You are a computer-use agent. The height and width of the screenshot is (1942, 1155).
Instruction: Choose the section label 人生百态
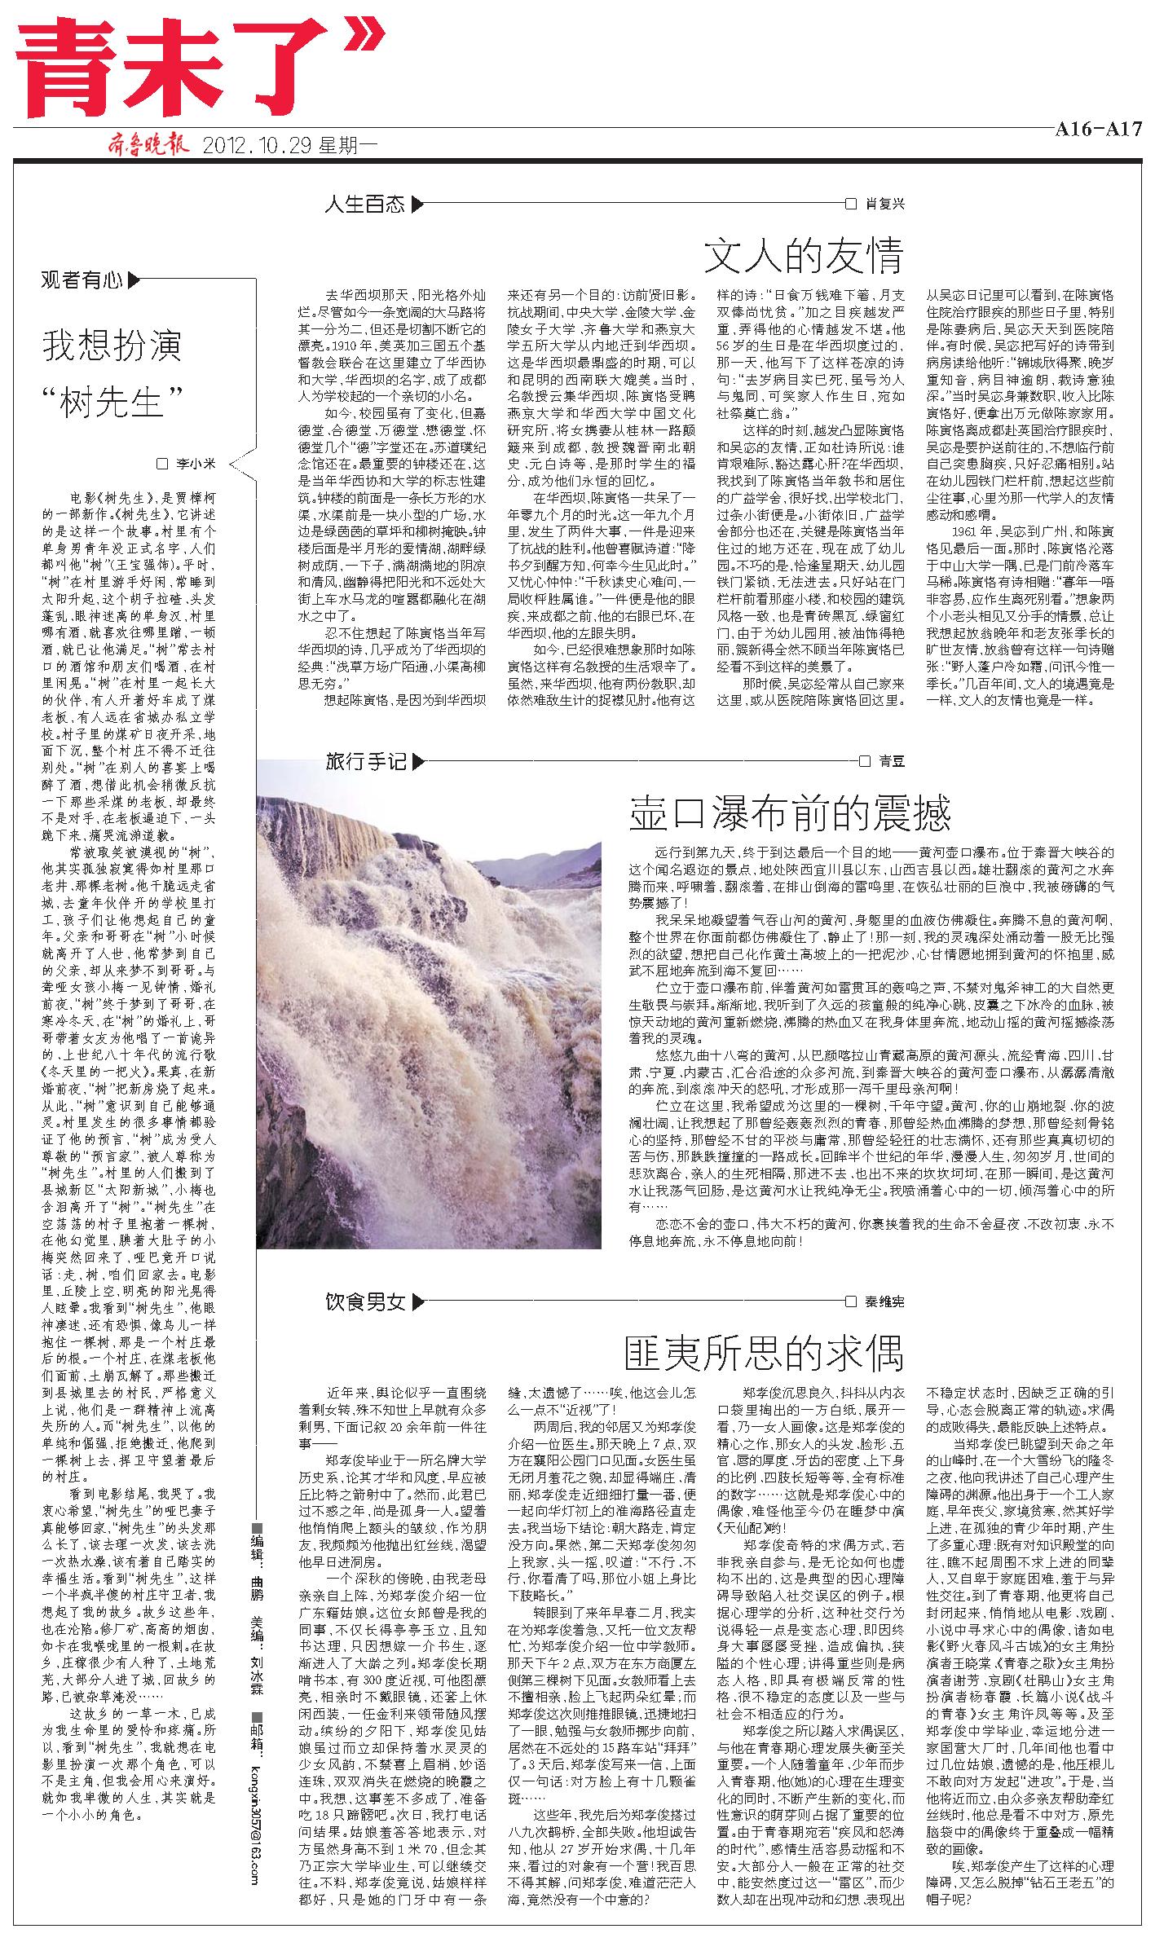[364, 204]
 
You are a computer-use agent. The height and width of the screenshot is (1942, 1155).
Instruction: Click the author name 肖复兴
[884, 204]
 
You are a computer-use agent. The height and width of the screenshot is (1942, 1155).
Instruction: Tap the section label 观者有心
[82, 281]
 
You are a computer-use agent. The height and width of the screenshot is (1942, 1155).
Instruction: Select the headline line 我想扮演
[112, 346]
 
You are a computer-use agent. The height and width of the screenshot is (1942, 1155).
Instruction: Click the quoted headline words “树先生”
[112, 400]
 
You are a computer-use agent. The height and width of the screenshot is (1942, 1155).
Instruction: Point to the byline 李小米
[196, 464]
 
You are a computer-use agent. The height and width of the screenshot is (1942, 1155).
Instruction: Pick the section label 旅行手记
[365, 763]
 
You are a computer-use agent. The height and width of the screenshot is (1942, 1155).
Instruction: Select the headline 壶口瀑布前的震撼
[790, 813]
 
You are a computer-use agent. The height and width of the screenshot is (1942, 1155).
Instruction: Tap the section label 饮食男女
[364, 1301]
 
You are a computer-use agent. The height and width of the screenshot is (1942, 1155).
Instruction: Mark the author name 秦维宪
[884, 1301]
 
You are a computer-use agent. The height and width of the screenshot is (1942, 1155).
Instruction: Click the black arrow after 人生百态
[417, 204]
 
